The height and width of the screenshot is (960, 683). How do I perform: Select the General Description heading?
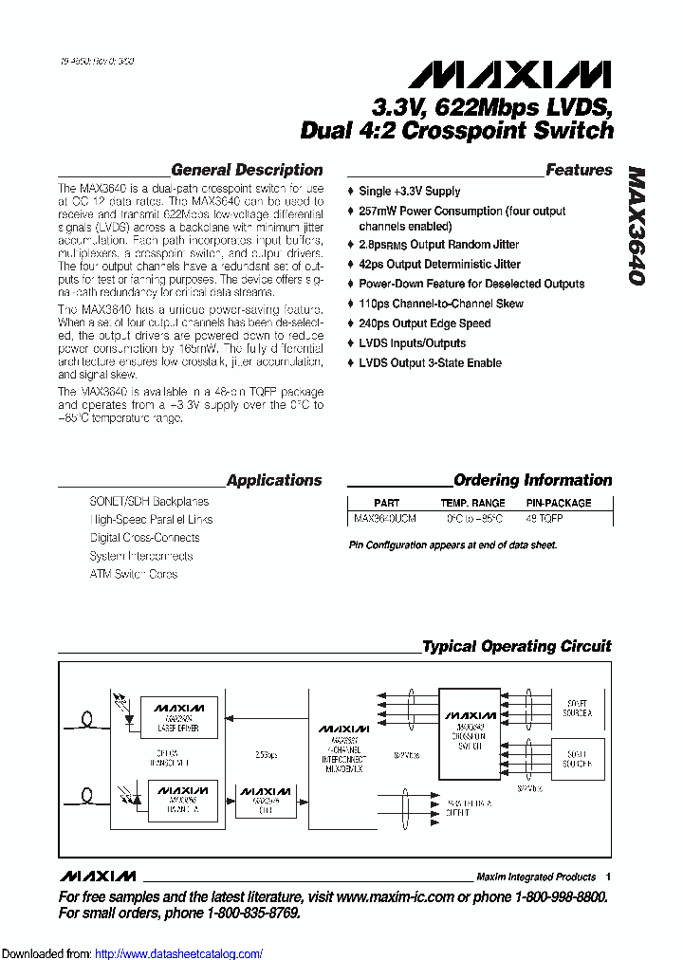click(x=247, y=171)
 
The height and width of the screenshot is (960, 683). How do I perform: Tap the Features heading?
click(x=579, y=171)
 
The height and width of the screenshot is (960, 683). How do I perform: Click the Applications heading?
click(x=274, y=481)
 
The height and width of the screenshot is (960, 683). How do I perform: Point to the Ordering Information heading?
click(x=532, y=481)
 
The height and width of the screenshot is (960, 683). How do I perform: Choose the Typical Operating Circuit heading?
click(x=517, y=647)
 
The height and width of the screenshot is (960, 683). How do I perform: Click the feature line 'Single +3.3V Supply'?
click(x=409, y=192)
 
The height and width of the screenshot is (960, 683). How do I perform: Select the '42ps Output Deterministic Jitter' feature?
click(x=439, y=265)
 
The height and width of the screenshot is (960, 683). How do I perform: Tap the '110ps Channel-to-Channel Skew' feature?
click(x=440, y=304)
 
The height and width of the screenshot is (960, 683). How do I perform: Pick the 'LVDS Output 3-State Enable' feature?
click(x=430, y=363)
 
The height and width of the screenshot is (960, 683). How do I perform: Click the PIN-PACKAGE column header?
click(x=558, y=503)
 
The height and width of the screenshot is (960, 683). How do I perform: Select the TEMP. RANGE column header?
click(x=472, y=503)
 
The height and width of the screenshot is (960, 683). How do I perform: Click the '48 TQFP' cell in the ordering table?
click(x=544, y=520)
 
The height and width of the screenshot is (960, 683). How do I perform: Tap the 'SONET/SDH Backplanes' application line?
click(x=149, y=502)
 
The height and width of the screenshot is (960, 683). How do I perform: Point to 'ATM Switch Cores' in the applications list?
click(x=133, y=575)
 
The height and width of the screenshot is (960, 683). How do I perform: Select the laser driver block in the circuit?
click(x=179, y=716)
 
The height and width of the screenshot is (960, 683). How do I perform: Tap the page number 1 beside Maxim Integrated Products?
click(x=608, y=877)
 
